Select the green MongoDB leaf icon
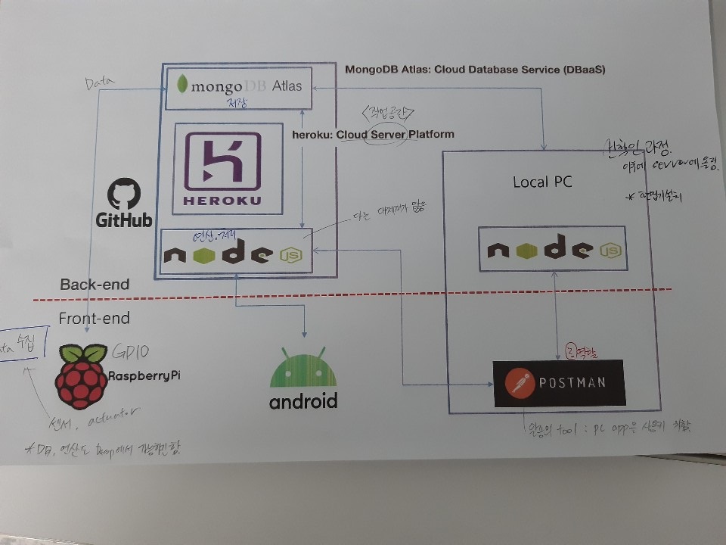(181, 84)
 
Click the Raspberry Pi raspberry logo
(81, 376)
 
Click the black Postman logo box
(559, 382)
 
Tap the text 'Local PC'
(542, 182)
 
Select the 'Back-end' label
(95, 285)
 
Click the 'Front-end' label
(95, 319)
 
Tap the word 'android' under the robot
(303, 401)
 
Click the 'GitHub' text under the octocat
(124, 220)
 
